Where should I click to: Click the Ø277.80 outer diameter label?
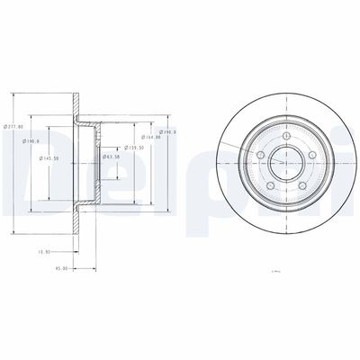(15, 127)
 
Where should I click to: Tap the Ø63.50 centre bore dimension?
(111, 157)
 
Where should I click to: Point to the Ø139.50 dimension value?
(136, 147)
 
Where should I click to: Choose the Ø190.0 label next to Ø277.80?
(31, 140)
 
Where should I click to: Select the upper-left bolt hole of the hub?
(260, 154)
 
